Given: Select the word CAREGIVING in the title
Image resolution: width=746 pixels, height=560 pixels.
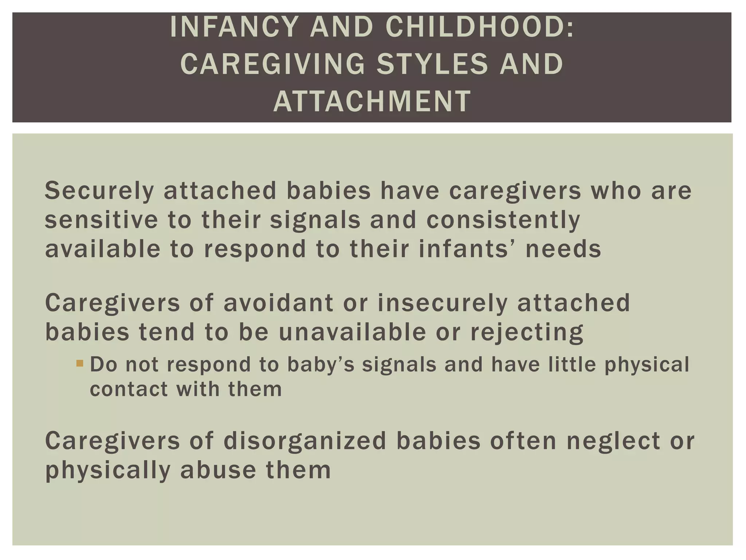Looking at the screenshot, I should click(272, 64).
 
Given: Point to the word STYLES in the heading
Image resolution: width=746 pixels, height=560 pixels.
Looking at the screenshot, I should click(432, 64).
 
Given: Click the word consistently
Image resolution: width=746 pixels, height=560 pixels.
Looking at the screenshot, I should click(503, 220).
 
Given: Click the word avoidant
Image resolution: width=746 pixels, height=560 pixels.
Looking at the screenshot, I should click(278, 303).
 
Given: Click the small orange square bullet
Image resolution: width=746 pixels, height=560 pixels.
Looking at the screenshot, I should click(80, 363).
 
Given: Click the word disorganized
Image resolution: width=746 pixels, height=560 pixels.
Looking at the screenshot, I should click(305, 441).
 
